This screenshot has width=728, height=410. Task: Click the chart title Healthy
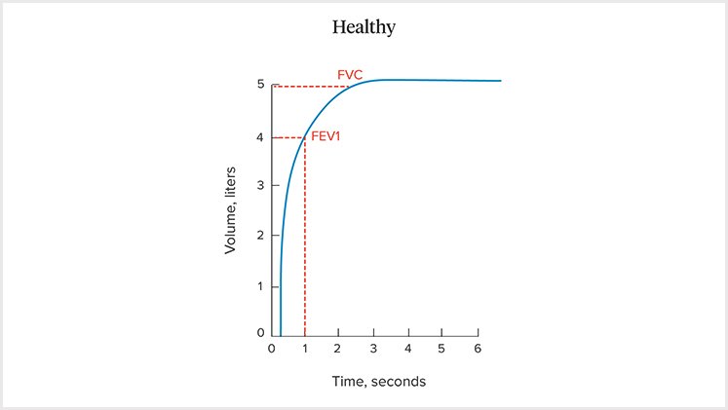[x=364, y=27]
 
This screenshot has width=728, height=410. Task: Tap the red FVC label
[x=350, y=74]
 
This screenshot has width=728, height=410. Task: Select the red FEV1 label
[x=326, y=136]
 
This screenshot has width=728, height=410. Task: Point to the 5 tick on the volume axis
[x=260, y=85]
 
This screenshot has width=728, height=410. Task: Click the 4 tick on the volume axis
[x=260, y=137]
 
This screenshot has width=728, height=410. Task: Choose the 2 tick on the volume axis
[x=260, y=236]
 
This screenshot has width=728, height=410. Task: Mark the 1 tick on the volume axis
[x=260, y=285]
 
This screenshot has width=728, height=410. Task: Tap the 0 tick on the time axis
[x=272, y=349]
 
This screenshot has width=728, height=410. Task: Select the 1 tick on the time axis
[x=305, y=349]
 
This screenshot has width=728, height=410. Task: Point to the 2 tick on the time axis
[x=339, y=349]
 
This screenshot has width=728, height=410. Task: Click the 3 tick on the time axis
[x=373, y=349]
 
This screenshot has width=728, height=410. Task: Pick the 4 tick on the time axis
[x=407, y=349]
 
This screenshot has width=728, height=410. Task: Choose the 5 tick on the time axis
[x=441, y=349]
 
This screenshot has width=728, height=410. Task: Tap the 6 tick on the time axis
[x=477, y=349]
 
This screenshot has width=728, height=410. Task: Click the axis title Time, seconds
[x=374, y=382]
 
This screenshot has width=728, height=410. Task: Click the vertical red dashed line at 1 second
[x=305, y=243]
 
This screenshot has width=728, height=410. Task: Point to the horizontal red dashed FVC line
[x=310, y=86]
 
